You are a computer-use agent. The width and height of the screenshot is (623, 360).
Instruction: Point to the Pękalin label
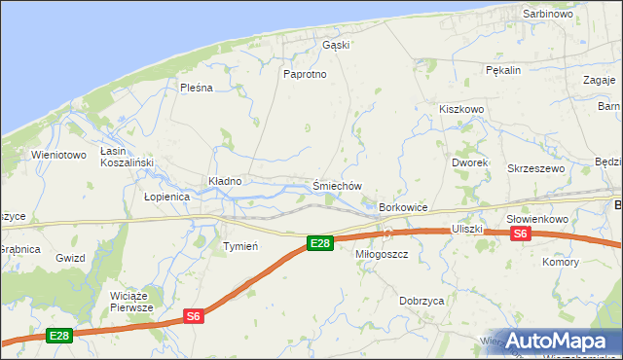point(503,70)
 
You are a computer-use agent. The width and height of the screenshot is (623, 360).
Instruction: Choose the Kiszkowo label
point(461,110)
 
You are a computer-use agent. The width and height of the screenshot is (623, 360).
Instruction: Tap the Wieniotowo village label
point(59,155)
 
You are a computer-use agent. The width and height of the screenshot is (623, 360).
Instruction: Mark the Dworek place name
point(469,162)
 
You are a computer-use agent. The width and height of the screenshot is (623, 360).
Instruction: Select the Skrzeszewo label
point(536,168)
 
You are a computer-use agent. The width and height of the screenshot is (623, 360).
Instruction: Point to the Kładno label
point(225,181)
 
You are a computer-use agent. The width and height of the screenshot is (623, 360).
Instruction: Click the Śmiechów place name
point(337,186)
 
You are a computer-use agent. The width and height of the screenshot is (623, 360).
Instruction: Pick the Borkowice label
point(404,207)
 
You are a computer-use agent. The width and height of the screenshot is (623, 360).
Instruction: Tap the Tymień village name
point(240,246)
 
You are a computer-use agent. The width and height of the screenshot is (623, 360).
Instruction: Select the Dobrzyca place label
point(421,301)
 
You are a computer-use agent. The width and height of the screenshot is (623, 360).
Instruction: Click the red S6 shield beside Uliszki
point(520,234)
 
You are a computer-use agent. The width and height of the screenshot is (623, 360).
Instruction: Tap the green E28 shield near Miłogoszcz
point(319,242)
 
